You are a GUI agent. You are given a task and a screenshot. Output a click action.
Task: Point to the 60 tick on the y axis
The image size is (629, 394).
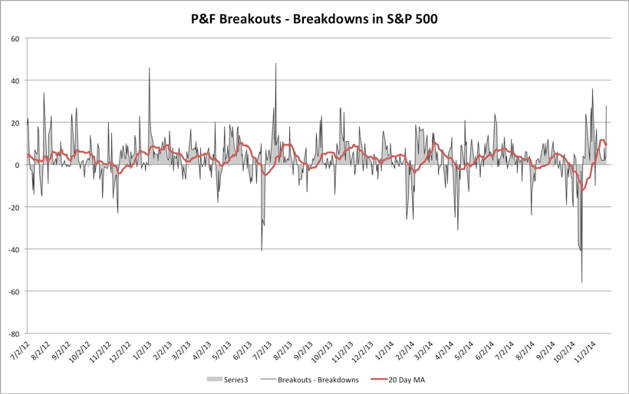click(15, 38)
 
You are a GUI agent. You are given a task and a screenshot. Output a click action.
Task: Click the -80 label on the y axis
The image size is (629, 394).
click(13, 333)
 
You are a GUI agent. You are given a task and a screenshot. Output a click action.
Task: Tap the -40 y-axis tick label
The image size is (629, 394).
click(13, 249)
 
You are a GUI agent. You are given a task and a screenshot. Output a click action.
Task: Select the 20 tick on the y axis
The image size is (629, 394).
click(15, 123)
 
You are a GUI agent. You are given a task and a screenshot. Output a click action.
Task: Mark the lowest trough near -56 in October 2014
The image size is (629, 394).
click(581, 283)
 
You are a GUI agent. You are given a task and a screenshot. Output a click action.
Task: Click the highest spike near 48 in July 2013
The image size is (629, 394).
click(276, 64)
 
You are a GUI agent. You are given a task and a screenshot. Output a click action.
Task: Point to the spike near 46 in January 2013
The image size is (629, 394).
click(150, 68)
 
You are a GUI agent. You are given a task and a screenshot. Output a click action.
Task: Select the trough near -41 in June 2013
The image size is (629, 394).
click(262, 251)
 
